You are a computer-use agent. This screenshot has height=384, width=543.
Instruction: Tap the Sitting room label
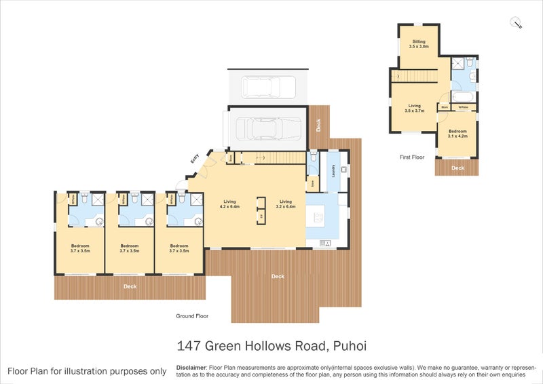[x=419, y=45]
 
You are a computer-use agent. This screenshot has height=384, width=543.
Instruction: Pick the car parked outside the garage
[x=269, y=88]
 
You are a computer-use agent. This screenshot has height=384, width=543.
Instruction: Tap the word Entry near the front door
[x=194, y=159]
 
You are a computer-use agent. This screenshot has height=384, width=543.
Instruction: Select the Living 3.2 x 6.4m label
[x=286, y=204]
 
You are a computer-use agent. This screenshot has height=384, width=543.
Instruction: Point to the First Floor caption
[x=412, y=157]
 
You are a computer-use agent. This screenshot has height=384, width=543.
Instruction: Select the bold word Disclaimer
[x=190, y=366]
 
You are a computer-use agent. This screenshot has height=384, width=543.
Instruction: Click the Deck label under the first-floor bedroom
[x=458, y=168]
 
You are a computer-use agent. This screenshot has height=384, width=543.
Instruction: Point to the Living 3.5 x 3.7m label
[x=415, y=108]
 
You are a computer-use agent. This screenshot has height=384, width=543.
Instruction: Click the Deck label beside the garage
[x=318, y=125]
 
